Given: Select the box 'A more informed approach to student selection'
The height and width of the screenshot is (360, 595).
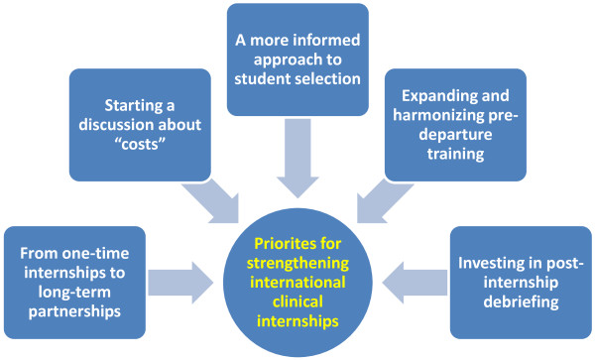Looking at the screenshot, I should pyautogui.click(x=297, y=59).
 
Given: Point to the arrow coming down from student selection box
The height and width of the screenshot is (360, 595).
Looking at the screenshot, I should pyautogui.click(x=297, y=151).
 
